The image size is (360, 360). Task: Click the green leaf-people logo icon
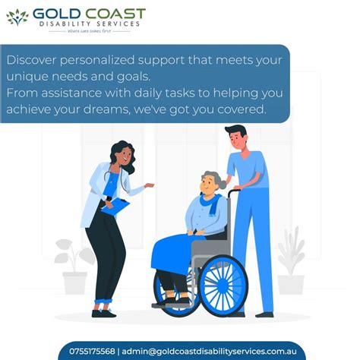pos(17,17)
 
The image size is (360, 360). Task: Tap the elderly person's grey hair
pos(215,180)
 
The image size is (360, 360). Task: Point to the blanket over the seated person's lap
pos(176,251)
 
